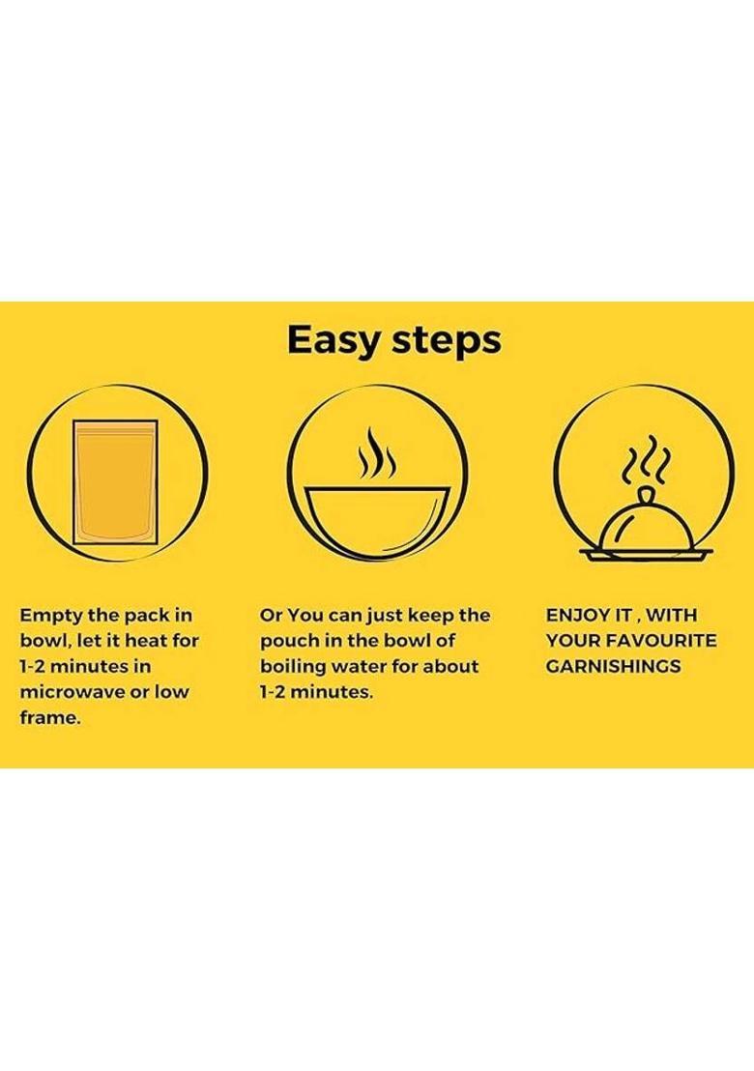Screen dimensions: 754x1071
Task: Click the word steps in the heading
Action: pyautogui.click(x=447, y=341)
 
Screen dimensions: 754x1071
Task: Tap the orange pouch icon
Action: pyautogui.click(x=115, y=482)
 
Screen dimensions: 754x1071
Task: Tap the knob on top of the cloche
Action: pyautogui.click(x=646, y=495)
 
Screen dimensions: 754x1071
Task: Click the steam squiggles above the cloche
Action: pyautogui.click(x=646, y=457)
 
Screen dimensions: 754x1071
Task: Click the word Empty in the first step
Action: pyautogui.click(x=51, y=616)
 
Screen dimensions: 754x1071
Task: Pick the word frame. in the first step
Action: pyautogui.click(x=50, y=718)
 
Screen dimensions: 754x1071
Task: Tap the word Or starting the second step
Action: pyautogui.click(x=271, y=616)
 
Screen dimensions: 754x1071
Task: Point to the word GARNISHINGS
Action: pyautogui.click(x=613, y=667)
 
